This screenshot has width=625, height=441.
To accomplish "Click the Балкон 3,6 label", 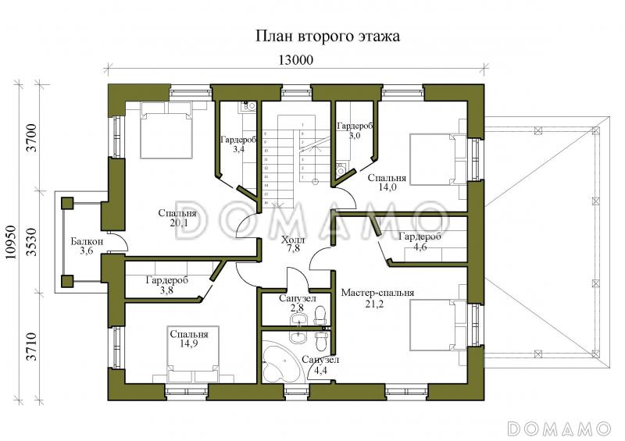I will click(x=81, y=246).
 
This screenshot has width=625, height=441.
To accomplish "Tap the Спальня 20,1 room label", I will click(x=177, y=218).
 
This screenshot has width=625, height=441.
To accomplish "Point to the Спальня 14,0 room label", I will click(x=387, y=182).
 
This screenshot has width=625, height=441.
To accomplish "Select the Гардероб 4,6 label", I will click(x=420, y=242).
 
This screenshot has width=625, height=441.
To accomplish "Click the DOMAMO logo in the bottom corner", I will click(x=558, y=428).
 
